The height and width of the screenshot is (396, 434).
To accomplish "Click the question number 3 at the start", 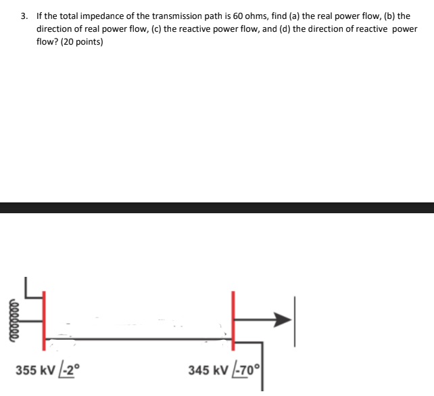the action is pyautogui.click(x=24, y=16).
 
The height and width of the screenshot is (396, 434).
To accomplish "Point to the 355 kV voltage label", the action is pyautogui.click(x=34, y=370).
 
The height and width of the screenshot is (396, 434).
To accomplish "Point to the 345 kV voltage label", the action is pyautogui.click(x=208, y=370).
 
